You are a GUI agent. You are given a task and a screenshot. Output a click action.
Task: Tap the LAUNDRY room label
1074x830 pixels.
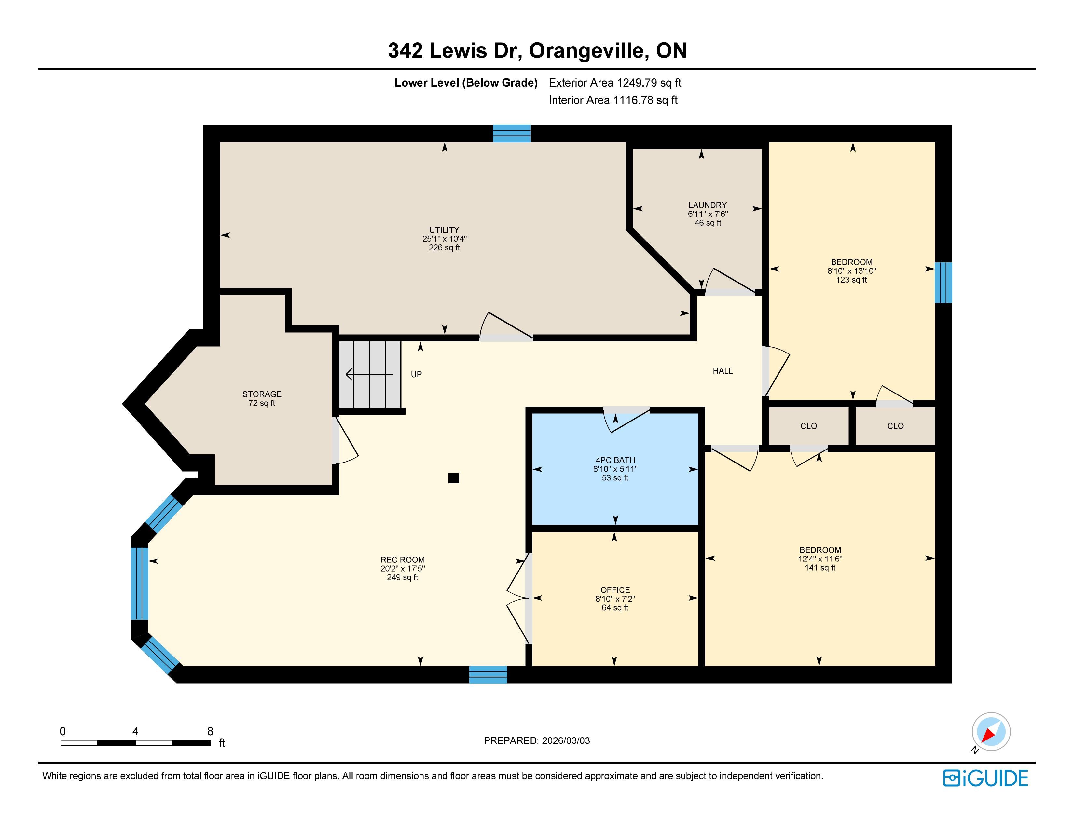point(707,205)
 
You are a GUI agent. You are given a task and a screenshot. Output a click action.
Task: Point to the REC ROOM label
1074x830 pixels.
point(402,560)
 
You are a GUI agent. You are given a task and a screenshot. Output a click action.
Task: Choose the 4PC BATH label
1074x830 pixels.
point(615,460)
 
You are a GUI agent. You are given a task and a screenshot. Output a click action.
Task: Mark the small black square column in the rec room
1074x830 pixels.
point(453,478)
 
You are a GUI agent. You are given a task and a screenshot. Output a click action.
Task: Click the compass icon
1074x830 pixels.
point(991,732)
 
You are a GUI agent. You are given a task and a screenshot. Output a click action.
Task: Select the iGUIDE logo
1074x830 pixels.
point(985,778)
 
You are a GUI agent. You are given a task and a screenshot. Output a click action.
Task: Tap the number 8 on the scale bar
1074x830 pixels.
point(210,731)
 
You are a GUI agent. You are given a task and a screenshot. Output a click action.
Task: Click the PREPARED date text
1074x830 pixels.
point(536,740)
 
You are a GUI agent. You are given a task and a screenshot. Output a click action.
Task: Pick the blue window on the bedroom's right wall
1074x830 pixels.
point(943,283)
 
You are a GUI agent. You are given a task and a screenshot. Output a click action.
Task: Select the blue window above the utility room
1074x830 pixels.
point(512,133)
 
